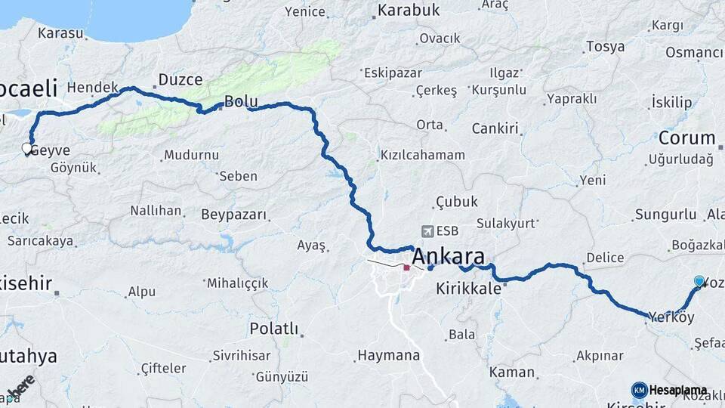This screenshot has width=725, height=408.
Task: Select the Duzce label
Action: pos(180,79)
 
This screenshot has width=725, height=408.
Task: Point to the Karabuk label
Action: pos(409,11)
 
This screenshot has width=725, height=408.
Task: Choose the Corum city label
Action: pos(686,138)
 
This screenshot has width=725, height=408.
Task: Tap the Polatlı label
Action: pos(273,329)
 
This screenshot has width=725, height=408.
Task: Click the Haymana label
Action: pos(388,355)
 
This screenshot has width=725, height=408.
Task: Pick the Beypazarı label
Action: pos(234,215)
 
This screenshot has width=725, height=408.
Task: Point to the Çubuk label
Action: pos(456,202)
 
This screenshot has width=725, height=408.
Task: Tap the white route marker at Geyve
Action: pos(27,148)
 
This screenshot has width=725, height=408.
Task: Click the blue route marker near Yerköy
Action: pos(699,282)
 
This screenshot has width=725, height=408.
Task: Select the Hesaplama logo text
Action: pos(677,391)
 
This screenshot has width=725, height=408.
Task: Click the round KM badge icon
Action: pos(639,390)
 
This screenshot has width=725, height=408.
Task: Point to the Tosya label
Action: pos(605,47)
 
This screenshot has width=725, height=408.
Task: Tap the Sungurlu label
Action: pos(665,215)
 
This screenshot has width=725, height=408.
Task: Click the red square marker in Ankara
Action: pos(406,267)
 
